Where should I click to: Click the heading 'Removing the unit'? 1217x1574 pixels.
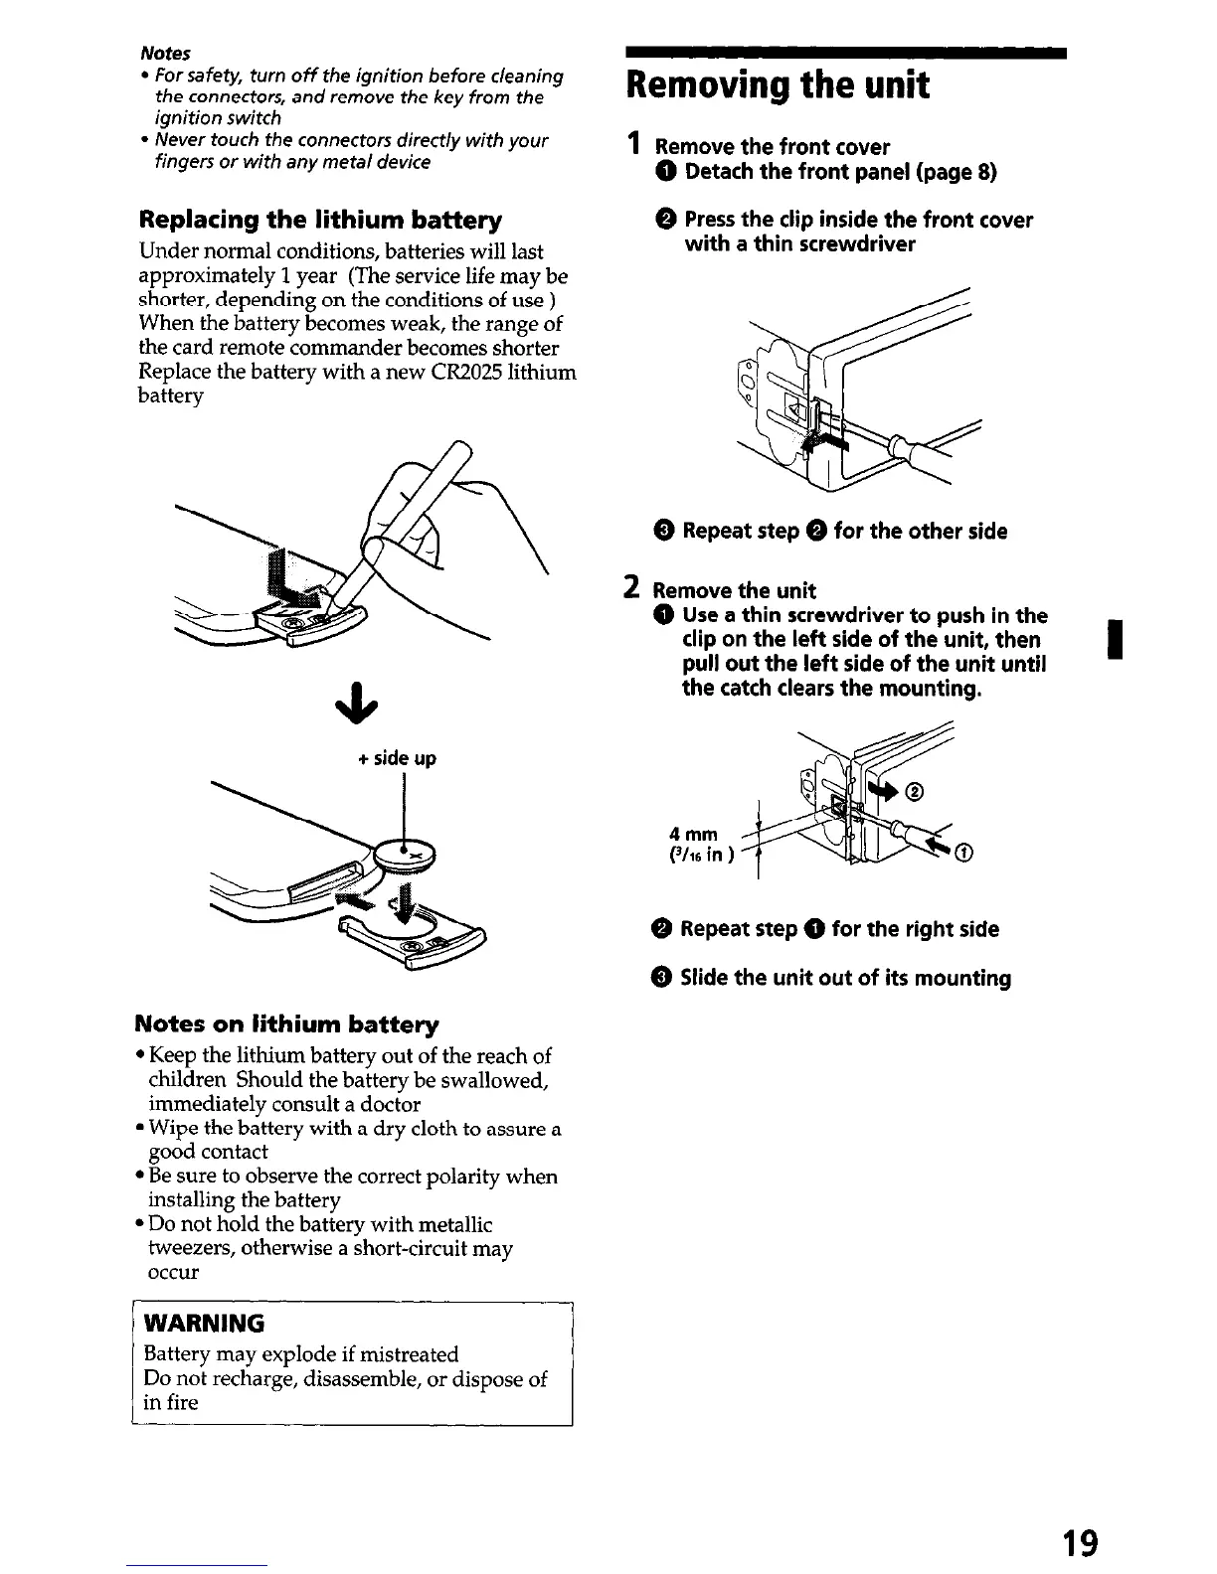point(776,86)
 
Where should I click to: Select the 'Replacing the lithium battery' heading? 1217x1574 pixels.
point(321,220)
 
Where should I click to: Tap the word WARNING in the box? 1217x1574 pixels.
point(205,1323)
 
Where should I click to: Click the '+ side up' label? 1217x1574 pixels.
point(397,758)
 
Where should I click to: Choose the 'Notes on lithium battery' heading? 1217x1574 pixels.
point(287,1023)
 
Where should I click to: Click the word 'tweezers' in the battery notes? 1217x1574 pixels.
point(188,1248)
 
